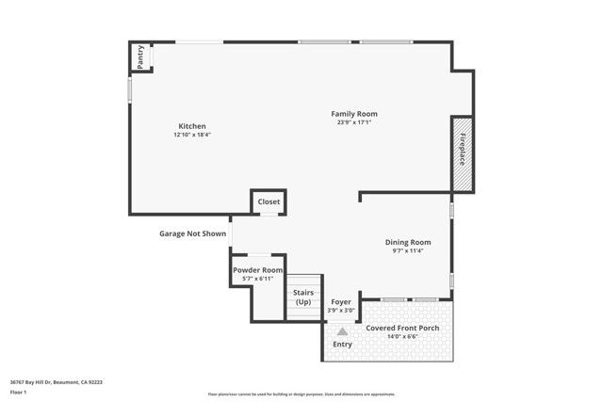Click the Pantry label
[x=140, y=57]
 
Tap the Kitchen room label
[x=192, y=126]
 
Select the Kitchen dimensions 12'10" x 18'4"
[x=192, y=135]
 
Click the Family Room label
[x=360, y=114]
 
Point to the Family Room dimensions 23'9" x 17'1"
[x=360, y=122]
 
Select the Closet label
[x=269, y=201]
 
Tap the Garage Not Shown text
[x=192, y=233]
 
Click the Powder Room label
[x=258, y=270]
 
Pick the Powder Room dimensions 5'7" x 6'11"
[x=258, y=279]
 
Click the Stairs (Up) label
[x=303, y=297]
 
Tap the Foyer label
[x=340, y=302]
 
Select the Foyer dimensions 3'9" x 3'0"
[x=340, y=311]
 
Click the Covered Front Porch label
[x=402, y=328]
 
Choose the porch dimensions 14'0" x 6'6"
[x=402, y=336]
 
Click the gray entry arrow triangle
[x=342, y=331]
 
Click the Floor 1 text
[x=18, y=392]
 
